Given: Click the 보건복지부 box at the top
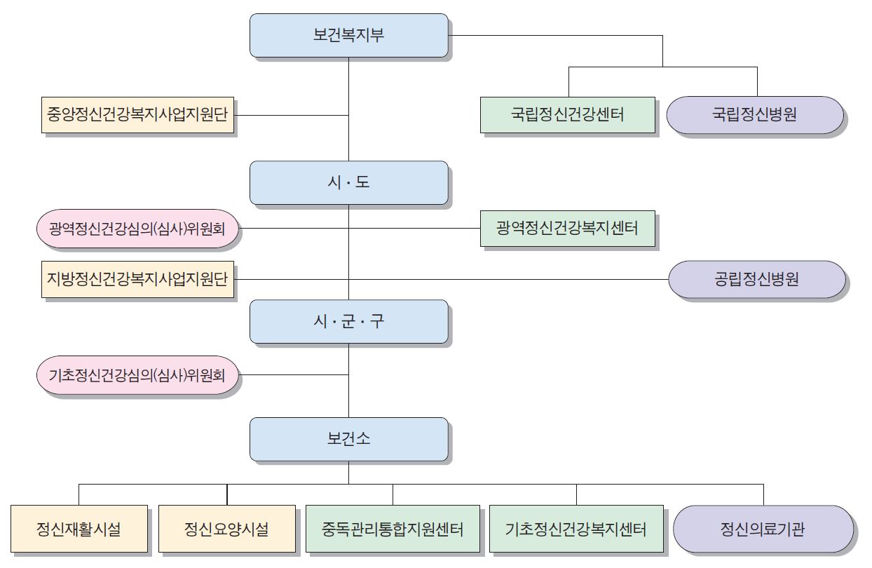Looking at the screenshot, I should click(x=348, y=36).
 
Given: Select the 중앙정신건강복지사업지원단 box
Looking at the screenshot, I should click(x=137, y=115).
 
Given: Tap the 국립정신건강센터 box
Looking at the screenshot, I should click(x=568, y=115).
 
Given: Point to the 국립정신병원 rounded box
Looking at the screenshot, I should click(x=755, y=115).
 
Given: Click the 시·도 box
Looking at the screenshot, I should click(x=348, y=183).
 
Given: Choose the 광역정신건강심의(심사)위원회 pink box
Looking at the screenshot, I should click(x=137, y=228).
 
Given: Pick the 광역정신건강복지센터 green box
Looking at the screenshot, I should click(x=568, y=228).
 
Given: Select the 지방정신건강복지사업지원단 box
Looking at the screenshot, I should click(x=137, y=279).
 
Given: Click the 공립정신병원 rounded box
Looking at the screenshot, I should click(x=756, y=279).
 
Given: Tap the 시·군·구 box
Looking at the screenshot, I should click(x=348, y=322).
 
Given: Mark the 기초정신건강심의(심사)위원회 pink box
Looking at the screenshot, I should click(x=137, y=374).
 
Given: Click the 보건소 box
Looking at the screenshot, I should click(x=348, y=440).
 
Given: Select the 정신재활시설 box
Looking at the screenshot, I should click(x=79, y=529).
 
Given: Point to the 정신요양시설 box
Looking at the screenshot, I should click(x=226, y=529).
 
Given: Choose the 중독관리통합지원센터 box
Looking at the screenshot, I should click(x=393, y=529).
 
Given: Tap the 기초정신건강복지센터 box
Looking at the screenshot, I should click(x=575, y=529).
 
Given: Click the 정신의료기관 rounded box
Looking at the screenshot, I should click(x=763, y=529).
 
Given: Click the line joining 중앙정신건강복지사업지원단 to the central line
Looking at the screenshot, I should click(x=291, y=115).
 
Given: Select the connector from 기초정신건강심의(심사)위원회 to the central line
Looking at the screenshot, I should click(x=294, y=374).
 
